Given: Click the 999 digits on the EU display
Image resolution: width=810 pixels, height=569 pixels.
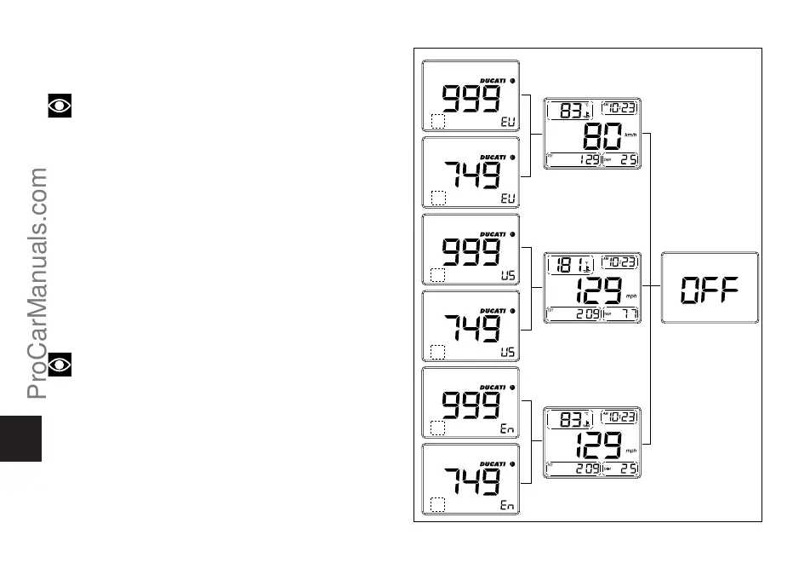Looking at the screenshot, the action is click(469, 100).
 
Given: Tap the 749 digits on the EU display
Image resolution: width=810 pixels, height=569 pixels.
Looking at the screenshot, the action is click(469, 176).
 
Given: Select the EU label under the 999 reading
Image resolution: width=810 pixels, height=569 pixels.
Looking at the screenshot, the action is click(506, 123).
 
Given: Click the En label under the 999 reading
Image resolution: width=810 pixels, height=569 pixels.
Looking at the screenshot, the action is click(506, 430).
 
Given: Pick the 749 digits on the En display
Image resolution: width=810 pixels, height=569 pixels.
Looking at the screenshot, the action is click(469, 483).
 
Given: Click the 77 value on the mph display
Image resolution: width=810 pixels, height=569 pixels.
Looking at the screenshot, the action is click(628, 314).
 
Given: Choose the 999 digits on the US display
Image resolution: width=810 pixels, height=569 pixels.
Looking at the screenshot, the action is click(469, 253).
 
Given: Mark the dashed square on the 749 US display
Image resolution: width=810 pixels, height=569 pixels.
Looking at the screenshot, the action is click(438, 352).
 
